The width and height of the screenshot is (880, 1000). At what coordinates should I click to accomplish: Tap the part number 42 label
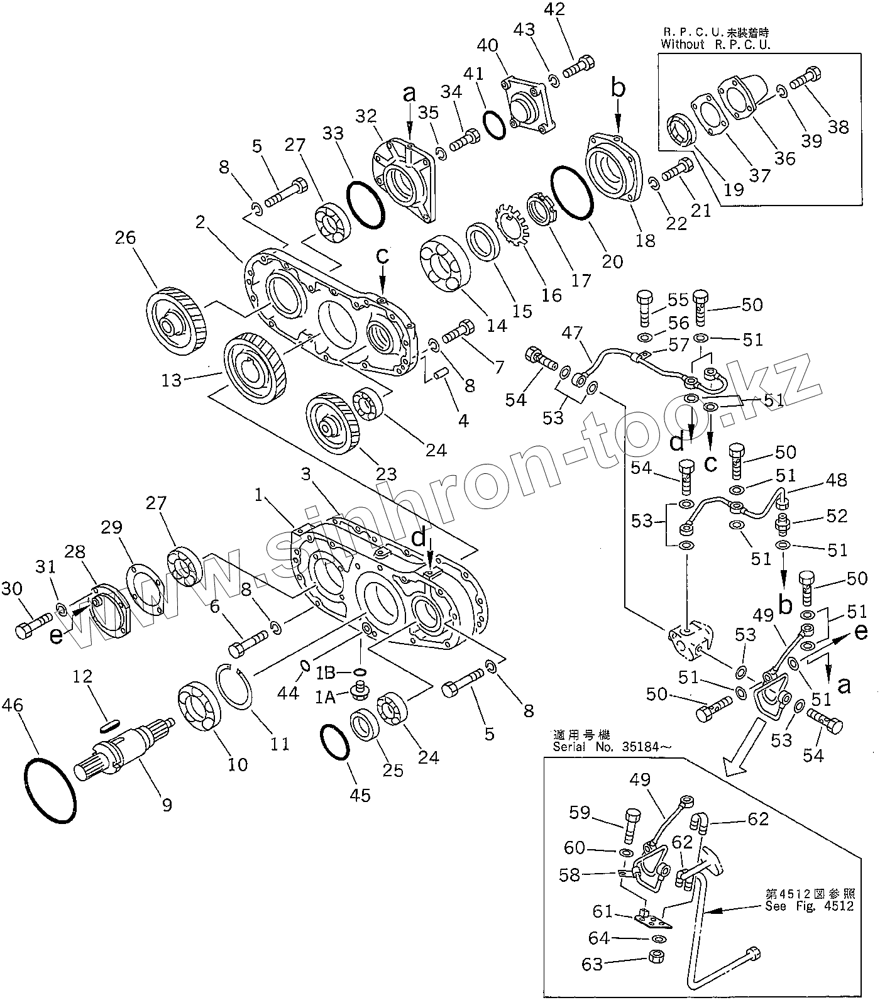pyautogui.click(x=556, y=10)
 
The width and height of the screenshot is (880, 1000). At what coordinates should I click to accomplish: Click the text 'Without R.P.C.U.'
pyautogui.click(x=715, y=44)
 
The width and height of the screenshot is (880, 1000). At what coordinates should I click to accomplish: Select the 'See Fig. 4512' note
pyautogui.click(x=810, y=905)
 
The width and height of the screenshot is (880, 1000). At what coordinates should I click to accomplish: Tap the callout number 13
pyautogui.click(x=171, y=380)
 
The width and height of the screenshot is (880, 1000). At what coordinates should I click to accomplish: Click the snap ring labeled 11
pyautogui.click(x=234, y=687)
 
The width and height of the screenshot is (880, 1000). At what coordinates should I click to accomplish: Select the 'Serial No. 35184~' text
pyautogui.click(x=612, y=747)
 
